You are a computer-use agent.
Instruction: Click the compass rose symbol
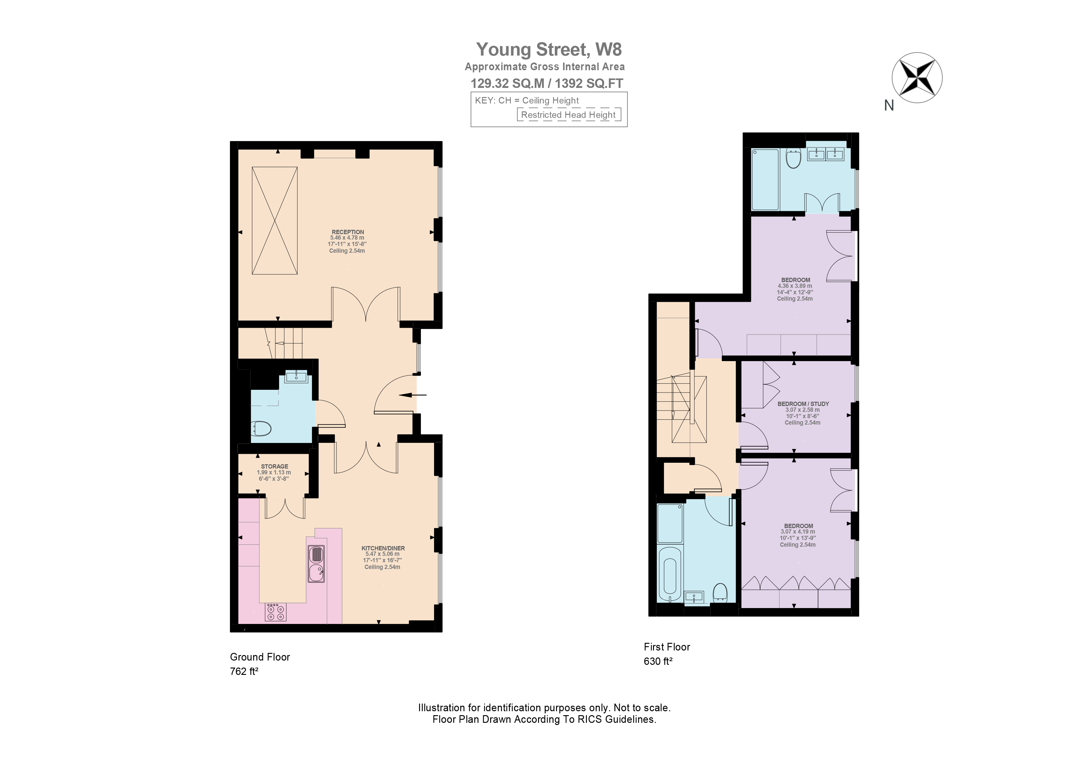coord(917,78)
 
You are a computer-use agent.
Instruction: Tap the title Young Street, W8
coord(548,49)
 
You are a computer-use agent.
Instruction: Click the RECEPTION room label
coord(348,232)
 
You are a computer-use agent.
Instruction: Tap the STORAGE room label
coord(275,466)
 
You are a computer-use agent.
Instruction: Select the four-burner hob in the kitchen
coord(275,612)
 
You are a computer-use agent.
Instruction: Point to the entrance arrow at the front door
coord(412,395)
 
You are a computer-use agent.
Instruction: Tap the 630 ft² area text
coord(658,661)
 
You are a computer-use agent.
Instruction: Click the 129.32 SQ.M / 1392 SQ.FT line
coord(547,84)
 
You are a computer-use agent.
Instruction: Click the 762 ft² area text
coord(244,672)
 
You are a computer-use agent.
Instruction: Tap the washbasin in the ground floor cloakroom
coord(296,376)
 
